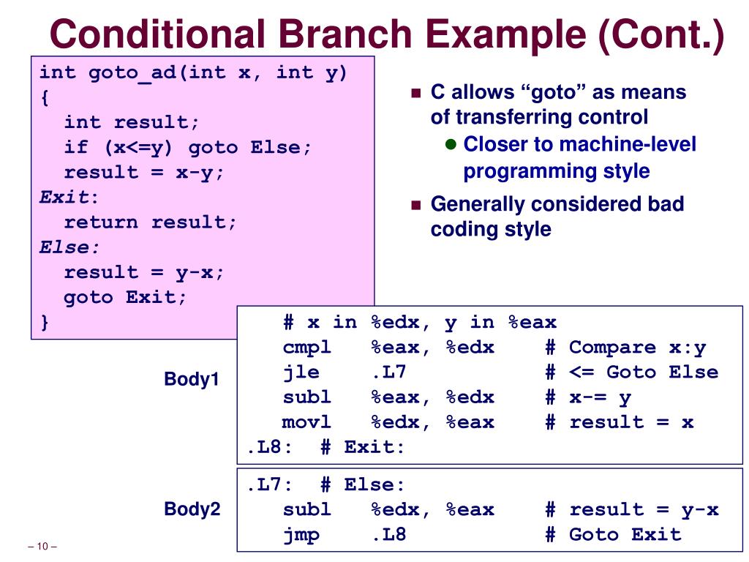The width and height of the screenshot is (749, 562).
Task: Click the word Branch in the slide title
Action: click(345, 34)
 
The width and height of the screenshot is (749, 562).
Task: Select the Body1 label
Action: click(192, 379)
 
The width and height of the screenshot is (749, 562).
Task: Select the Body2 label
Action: click(192, 509)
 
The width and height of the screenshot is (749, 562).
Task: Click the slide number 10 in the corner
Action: click(42, 546)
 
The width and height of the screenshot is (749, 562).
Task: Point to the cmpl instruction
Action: click(306, 348)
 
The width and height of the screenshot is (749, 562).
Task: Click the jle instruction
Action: click(301, 372)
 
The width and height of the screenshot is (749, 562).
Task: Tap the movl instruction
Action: click(306, 422)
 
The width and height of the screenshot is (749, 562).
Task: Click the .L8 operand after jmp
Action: click(389, 534)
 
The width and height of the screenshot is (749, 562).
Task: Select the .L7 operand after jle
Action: click(389, 372)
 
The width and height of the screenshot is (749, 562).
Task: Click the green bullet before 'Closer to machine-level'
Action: click(451, 144)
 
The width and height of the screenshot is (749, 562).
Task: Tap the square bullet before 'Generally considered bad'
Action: click(416, 205)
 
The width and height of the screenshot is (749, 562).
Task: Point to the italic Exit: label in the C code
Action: click(69, 197)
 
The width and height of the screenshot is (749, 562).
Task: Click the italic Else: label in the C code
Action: click(69, 247)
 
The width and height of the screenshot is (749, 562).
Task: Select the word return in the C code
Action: click(101, 222)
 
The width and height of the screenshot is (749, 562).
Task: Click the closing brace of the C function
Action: click(45, 323)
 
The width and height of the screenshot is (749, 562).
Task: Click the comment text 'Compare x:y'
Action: click(637, 348)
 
